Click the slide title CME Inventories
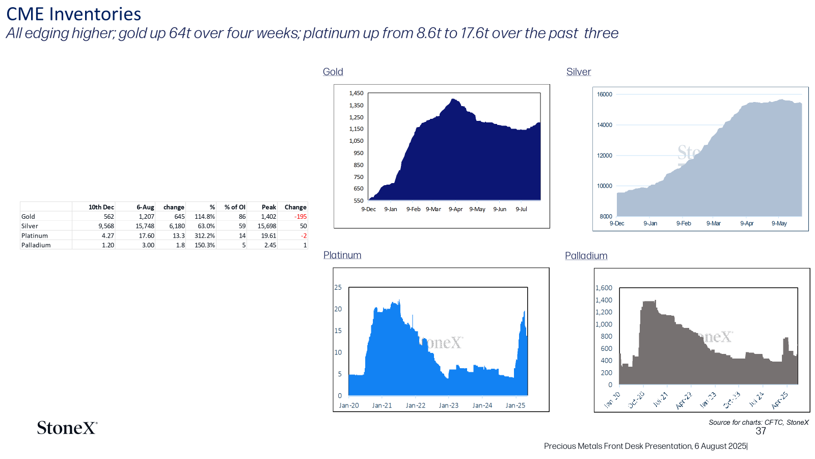(73, 14)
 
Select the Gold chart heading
(333, 72)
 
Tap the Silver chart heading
(579, 72)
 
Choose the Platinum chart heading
(342, 255)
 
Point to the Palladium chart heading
(586, 256)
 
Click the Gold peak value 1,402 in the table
(268, 216)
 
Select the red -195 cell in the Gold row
(301, 216)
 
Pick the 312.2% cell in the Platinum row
(204, 236)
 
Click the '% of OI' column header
(235, 207)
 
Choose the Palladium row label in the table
(36, 245)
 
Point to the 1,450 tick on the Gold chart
(356, 93)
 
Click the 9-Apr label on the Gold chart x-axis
(455, 209)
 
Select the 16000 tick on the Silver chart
(604, 94)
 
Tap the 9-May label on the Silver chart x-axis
(779, 223)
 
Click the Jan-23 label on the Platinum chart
(449, 405)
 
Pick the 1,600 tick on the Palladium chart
(604, 288)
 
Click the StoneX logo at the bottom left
(67, 428)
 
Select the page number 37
(761, 431)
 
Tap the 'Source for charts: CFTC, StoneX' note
(758, 423)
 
